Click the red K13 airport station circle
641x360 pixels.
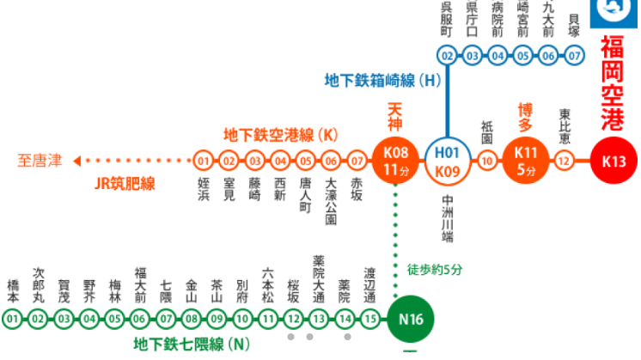click(x=614, y=161)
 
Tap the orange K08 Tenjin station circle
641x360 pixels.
click(x=395, y=161)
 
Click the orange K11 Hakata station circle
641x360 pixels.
click(x=525, y=161)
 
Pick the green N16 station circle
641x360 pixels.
click(x=410, y=320)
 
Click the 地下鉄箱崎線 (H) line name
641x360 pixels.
click(x=382, y=80)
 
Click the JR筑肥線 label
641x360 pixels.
click(x=125, y=183)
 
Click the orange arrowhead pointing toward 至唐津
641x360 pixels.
click(x=77, y=161)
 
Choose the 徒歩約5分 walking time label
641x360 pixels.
click(x=435, y=269)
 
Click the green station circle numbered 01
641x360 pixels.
click(x=12, y=320)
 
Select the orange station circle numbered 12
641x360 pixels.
click(x=565, y=161)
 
